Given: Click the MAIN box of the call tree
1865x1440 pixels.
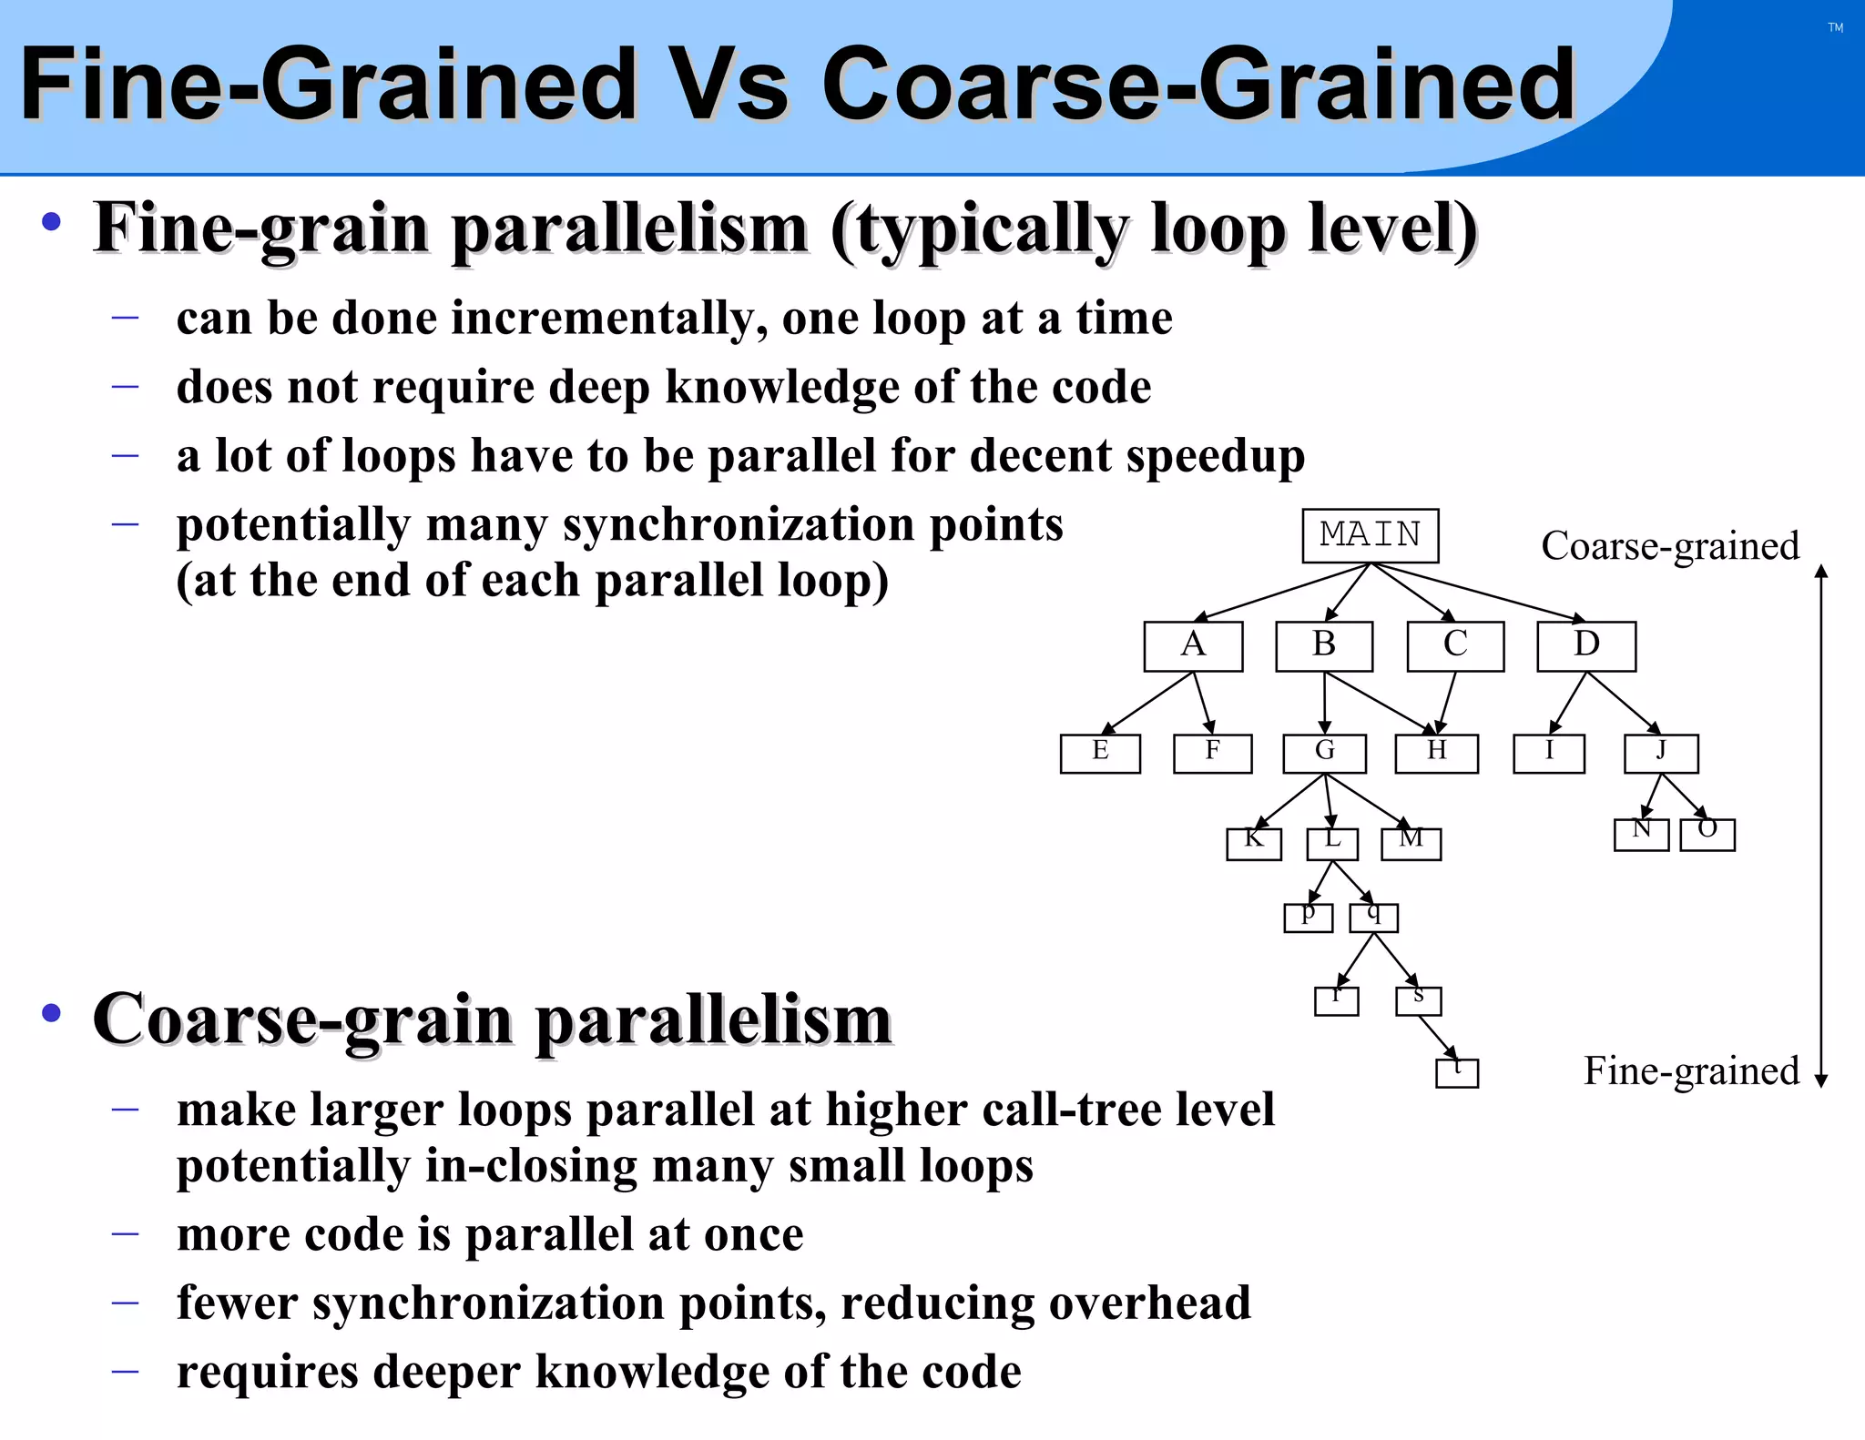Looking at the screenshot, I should pyautogui.click(x=1370, y=535).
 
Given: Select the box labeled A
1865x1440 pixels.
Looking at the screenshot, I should pyautogui.click(x=1193, y=646).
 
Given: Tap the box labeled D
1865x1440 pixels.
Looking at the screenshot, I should pyautogui.click(x=1586, y=646).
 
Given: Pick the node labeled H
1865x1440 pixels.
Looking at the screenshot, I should pyautogui.click(x=1436, y=753).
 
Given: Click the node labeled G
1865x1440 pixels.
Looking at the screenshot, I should pyautogui.click(x=1324, y=753).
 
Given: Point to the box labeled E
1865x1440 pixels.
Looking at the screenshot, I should pyautogui.click(x=1100, y=753).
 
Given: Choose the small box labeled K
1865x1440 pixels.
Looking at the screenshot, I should pyautogui.click(x=1253, y=843).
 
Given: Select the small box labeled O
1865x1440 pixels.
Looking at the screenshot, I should pyautogui.click(x=1707, y=834).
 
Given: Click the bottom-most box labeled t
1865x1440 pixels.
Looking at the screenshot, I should pyautogui.click(x=1456, y=1072).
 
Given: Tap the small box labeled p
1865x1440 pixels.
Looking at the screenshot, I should pyautogui.click(x=1308, y=917).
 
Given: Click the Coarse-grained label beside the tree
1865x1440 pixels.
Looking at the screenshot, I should pyautogui.click(x=1669, y=546).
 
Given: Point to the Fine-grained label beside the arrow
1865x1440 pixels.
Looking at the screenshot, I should pyautogui.click(x=1691, y=1070).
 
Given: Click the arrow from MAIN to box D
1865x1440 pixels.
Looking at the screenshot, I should pyautogui.click(x=1480, y=593).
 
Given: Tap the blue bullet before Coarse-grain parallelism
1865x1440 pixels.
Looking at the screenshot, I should pyautogui.click(x=52, y=1012).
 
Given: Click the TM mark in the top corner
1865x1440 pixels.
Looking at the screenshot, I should pyautogui.click(x=1835, y=28).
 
